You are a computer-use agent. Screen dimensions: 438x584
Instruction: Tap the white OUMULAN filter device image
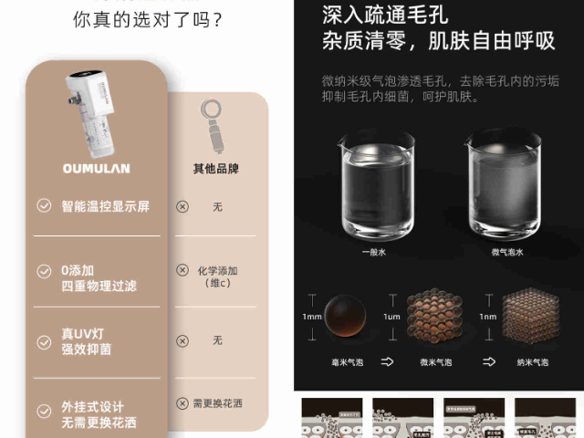(x=93, y=109)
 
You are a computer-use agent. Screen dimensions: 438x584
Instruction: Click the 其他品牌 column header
(x=217, y=169)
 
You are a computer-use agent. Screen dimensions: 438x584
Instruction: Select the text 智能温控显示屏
(x=105, y=206)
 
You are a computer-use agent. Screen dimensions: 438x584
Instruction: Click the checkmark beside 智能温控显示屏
(x=44, y=206)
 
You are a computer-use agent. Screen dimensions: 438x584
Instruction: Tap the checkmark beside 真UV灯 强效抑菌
(x=44, y=342)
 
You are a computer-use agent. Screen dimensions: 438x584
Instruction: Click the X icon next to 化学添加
(x=182, y=271)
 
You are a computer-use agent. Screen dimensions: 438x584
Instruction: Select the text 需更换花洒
(x=223, y=403)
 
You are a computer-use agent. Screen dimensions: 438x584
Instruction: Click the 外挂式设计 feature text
(x=92, y=407)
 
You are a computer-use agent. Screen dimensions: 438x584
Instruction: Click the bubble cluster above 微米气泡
(x=430, y=317)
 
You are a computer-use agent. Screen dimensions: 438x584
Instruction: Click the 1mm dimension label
(x=312, y=317)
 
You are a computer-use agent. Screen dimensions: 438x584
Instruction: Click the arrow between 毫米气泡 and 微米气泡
(x=387, y=362)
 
